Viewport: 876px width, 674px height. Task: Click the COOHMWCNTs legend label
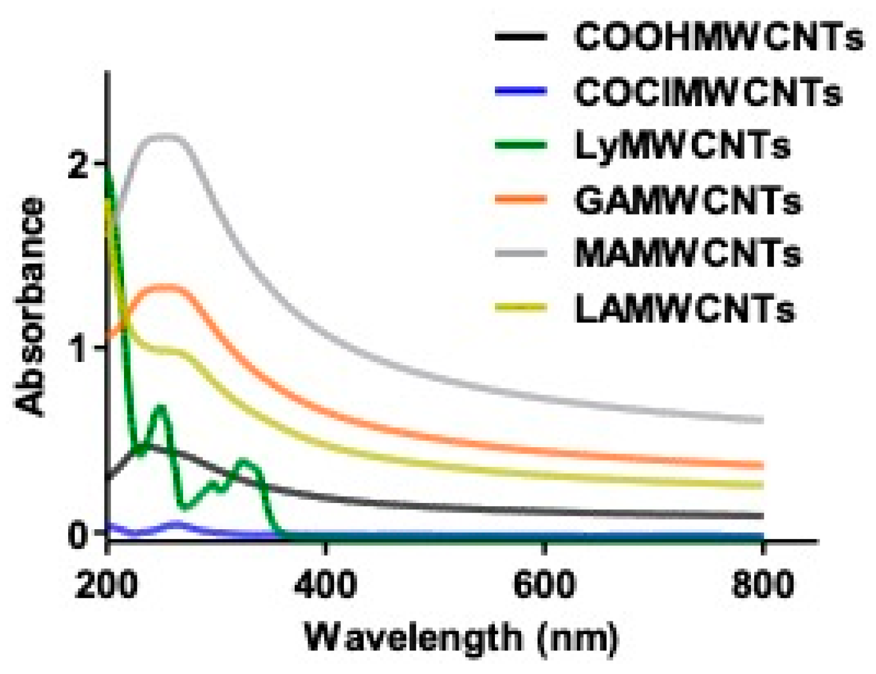719,37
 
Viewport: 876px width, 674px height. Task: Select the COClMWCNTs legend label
708,92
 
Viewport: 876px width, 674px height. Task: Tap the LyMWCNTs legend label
682,145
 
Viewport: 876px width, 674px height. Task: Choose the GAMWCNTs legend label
688,201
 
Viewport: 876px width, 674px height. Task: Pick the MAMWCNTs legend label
688,253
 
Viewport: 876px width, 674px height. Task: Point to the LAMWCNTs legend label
684,309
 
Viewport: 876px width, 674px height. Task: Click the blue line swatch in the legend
520,92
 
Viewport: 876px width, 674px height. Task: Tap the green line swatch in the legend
520,145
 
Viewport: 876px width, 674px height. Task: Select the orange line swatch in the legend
520,200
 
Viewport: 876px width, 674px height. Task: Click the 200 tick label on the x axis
107,585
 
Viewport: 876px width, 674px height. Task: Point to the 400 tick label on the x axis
325,585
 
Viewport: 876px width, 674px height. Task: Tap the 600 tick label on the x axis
544,585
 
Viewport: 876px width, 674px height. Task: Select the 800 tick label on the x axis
762,585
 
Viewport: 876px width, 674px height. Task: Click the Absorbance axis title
30,306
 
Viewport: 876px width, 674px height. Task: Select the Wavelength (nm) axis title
461,638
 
